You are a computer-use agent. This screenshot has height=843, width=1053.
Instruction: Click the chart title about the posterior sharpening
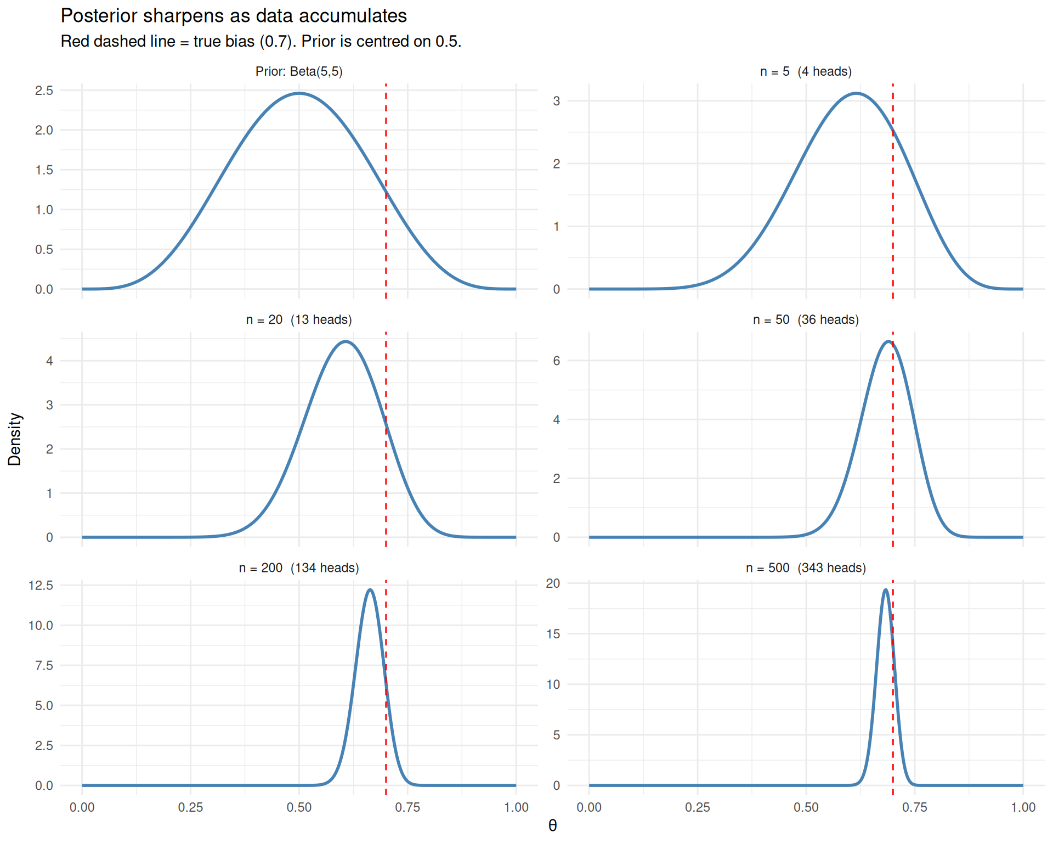coord(234,16)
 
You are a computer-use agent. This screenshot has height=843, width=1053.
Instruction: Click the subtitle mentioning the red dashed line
coord(261,42)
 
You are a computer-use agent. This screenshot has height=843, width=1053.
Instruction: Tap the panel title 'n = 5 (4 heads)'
coord(806,71)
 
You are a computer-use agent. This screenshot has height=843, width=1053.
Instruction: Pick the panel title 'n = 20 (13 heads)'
coord(299,319)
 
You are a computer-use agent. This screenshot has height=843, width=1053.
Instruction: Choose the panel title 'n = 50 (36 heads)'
coord(806,319)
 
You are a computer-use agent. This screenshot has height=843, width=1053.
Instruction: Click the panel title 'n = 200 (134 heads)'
coord(299,567)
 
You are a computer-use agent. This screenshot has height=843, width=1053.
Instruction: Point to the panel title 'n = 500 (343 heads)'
coord(806,567)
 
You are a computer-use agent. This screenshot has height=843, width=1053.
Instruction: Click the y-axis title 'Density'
coord(15,439)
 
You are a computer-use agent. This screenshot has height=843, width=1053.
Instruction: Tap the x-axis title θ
coord(552,825)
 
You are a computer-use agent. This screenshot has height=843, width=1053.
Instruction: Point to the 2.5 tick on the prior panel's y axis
coord(44,91)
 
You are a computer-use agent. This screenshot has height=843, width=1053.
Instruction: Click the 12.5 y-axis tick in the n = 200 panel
coord(41,586)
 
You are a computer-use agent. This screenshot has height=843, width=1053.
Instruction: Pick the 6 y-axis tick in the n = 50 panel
coord(556,361)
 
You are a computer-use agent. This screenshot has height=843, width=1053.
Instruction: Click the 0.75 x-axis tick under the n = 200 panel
coord(407,807)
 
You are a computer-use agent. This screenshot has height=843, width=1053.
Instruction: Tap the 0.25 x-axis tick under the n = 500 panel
coord(698,807)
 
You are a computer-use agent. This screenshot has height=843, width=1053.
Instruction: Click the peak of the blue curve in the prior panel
coord(299,93)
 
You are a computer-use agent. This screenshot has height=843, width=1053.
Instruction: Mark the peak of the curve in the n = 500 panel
coord(885,590)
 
